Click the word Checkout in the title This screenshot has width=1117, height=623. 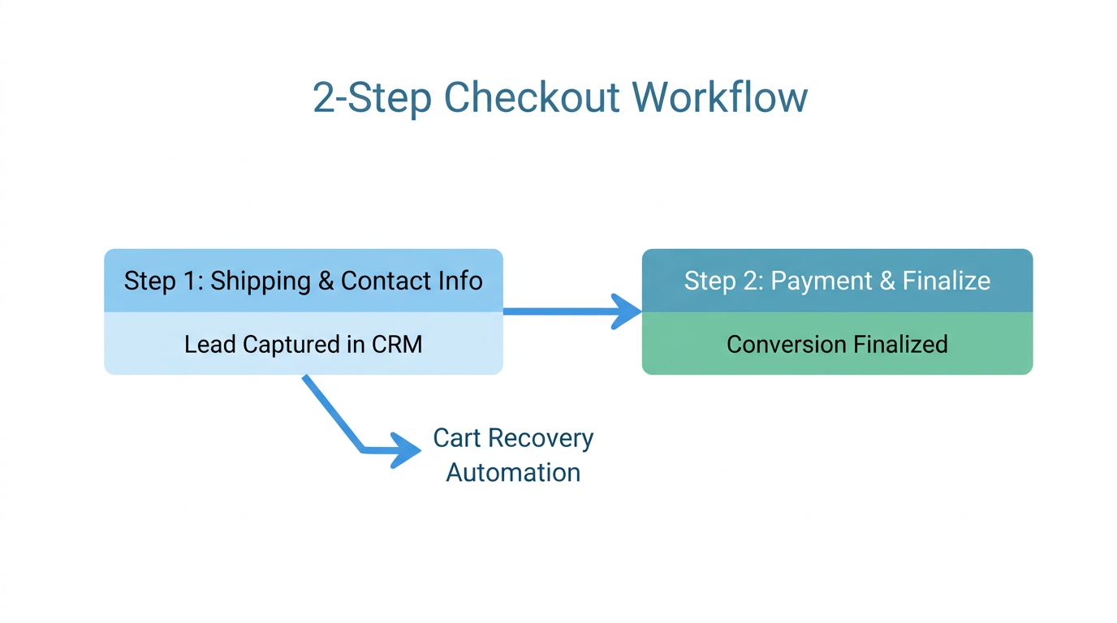[533, 98]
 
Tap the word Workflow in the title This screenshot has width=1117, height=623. [720, 98]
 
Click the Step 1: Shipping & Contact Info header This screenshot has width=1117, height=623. [303, 281]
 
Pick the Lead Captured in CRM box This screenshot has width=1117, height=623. [303, 344]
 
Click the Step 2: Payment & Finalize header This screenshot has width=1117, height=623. [837, 281]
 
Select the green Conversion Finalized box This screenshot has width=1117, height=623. [837, 344]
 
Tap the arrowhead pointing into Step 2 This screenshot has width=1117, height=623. [628, 311]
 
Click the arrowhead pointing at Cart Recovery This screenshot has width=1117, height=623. [406, 449]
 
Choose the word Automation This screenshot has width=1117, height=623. [513, 472]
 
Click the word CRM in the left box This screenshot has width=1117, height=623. [397, 344]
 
